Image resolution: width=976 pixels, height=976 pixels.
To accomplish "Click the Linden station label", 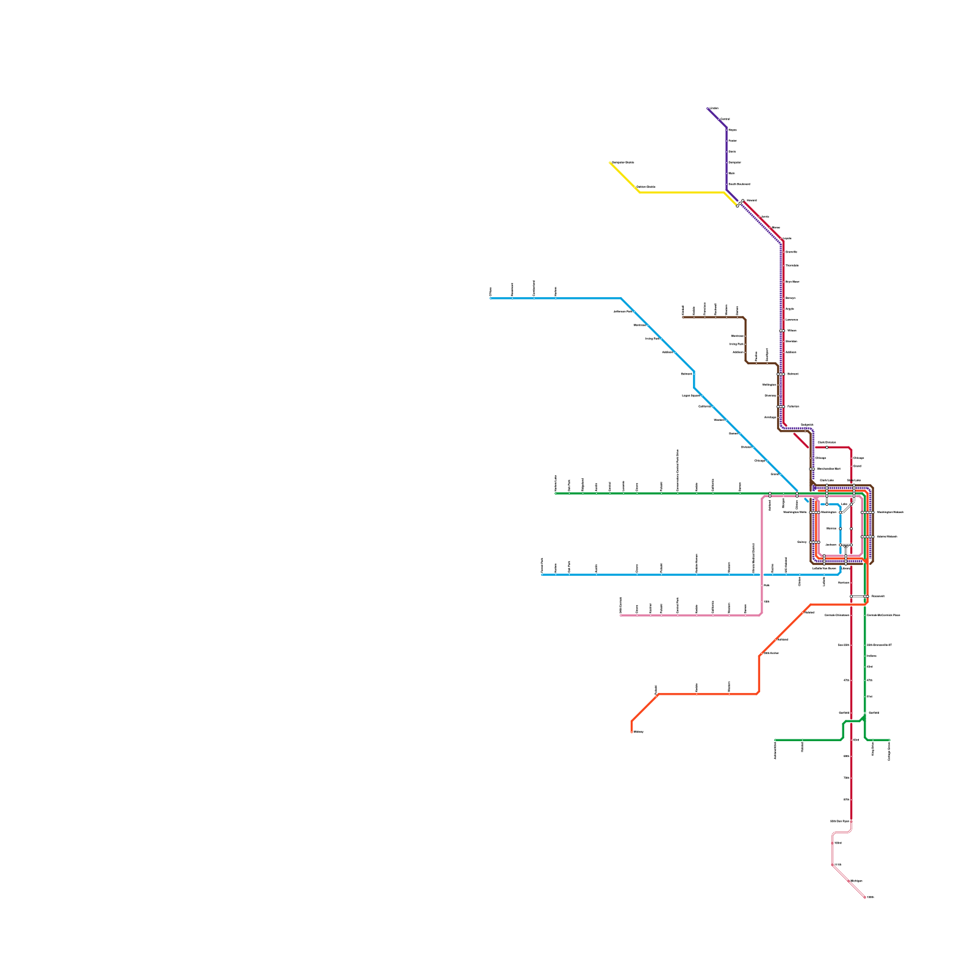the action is click(714, 109).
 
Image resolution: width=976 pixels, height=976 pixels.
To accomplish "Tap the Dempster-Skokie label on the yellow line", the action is click(623, 162).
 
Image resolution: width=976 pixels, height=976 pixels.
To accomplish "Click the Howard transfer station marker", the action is click(740, 203).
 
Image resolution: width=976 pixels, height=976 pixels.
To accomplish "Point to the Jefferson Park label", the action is click(623, 311).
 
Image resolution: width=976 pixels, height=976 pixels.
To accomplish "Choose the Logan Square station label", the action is click(691, 395).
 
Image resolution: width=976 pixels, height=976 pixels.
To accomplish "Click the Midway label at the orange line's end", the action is click(639, 731).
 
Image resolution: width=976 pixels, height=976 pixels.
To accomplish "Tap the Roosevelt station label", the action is click(877, 596).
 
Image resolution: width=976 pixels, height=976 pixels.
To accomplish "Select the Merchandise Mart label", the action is click(828, 468).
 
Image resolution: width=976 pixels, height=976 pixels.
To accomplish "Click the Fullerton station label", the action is click(792, 406).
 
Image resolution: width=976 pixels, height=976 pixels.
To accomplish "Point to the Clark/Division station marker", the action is click(827, 447).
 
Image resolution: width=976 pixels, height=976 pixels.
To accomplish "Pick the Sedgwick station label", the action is click(807, 425).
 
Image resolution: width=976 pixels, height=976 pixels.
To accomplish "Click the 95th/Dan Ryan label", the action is click(839, 821).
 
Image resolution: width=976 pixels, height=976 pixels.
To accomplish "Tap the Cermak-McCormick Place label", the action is click(883, 615).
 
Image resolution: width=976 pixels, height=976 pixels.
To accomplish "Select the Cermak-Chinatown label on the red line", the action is click(837, 615).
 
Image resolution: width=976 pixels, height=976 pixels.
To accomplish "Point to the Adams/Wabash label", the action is click(886, 536).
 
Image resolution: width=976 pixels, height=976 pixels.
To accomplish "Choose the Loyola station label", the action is click(787, 239).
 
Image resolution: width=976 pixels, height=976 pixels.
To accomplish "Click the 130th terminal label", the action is click(870, 897).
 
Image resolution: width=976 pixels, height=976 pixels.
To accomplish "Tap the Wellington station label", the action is click(769, 385).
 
